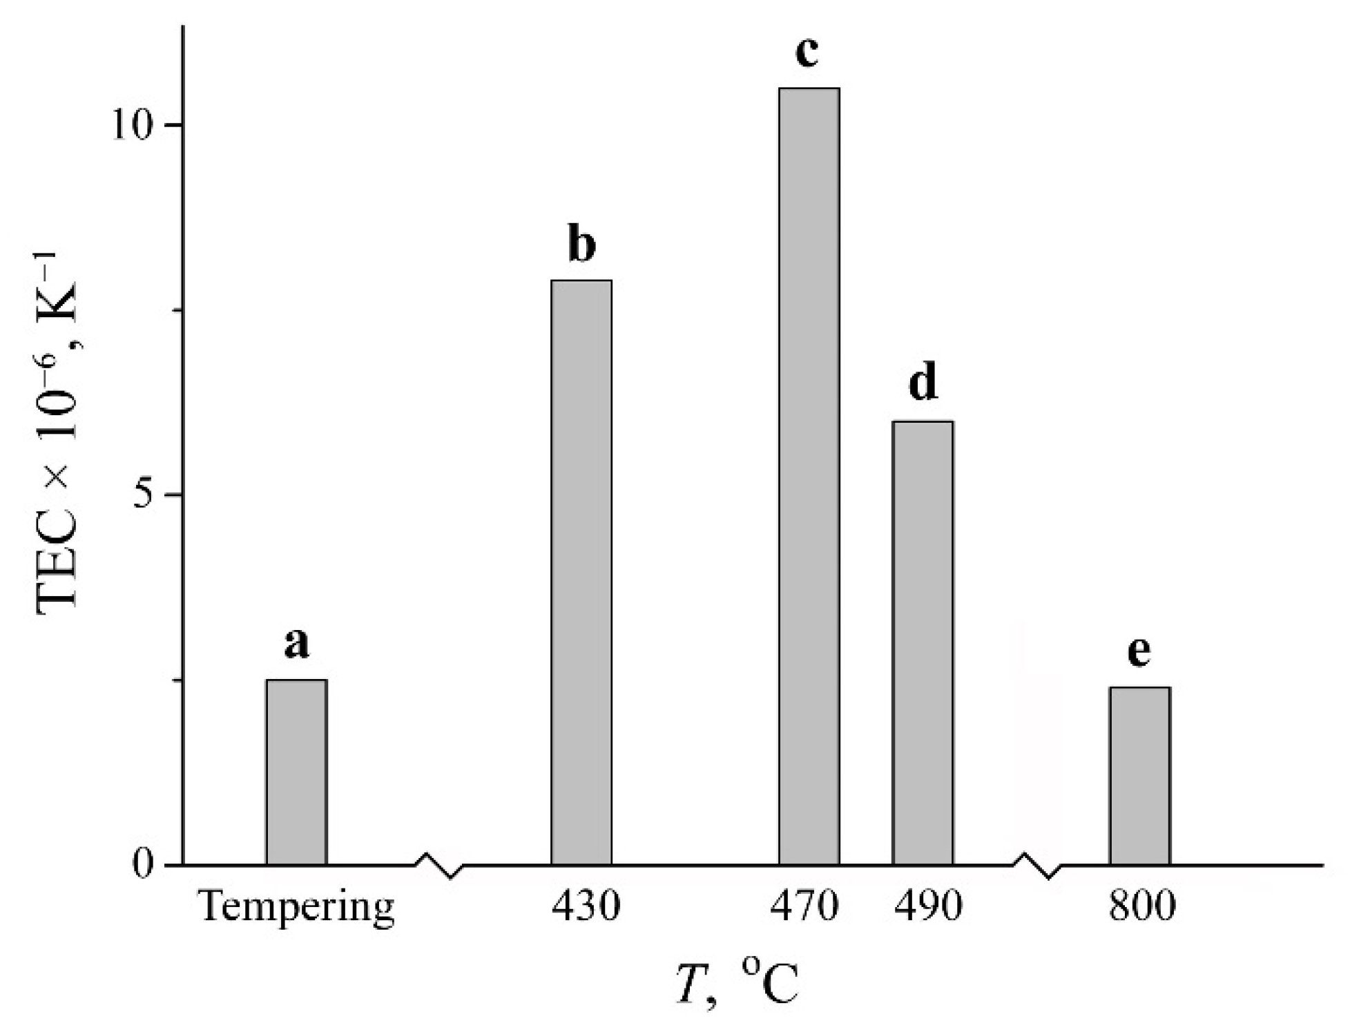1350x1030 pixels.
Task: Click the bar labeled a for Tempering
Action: click(296, 772)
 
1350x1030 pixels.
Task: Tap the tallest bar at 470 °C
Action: click(809, 476)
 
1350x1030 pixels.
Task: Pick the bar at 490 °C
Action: click(922, 642)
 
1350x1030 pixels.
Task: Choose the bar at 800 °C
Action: click(1139, 775)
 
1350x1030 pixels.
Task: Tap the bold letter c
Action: click(807, 51)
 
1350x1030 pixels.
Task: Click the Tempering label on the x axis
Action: click(297, 907)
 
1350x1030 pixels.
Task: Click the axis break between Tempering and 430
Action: click(439, 865)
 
